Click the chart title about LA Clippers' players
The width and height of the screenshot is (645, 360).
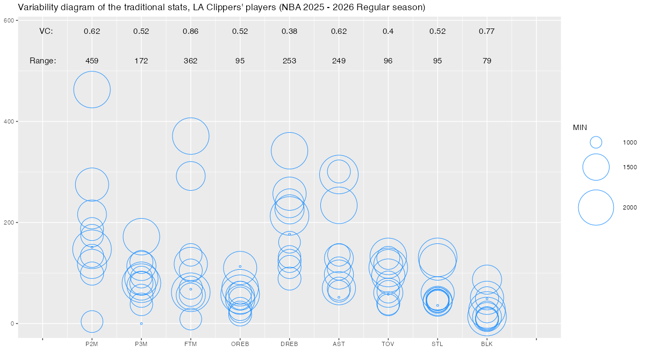[221, 8]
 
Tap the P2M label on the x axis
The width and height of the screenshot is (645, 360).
[92, 343]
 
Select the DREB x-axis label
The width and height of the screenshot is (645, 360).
[289, 343]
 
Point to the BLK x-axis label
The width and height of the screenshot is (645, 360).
[487, 343]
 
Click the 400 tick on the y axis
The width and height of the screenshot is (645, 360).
[10, 121]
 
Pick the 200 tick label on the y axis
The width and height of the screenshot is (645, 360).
[10, 222]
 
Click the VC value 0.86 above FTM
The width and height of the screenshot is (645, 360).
[191, 31]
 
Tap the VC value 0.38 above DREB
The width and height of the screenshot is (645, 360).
[289, 31]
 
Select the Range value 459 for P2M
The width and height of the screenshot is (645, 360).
[92, 61]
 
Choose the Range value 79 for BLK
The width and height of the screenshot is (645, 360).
[487, 61]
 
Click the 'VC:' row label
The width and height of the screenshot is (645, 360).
[46, 31]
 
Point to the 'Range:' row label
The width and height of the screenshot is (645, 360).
[43, 61]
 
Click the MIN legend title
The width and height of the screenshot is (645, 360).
[580, 127]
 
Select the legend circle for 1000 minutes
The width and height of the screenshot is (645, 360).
[596, 142]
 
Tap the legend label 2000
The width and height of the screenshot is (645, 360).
[630, 207]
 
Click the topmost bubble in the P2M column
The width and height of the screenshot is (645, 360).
[92, 90]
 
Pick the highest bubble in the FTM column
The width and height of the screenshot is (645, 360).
[191, 136]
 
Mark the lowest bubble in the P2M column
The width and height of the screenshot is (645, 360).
[92, 321]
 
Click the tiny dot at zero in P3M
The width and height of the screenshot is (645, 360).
[141, 323]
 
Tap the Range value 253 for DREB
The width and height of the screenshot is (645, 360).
[289, 61]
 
